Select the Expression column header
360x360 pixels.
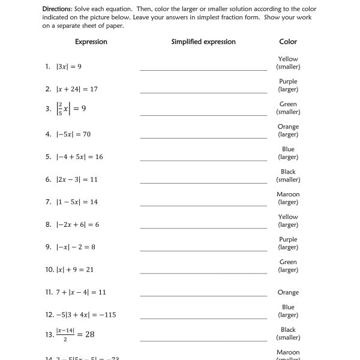coord(91,42)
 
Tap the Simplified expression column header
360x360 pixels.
coord(203,42)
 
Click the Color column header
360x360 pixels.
coord(288,42)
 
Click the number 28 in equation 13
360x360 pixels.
coord(88,335)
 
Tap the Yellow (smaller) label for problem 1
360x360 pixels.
coord(288,63)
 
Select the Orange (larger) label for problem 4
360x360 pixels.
coord(288,131)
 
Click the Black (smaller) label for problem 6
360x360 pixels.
coord(288,176)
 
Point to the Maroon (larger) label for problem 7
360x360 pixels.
coord(288,198)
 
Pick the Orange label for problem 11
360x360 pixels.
coord(288,293)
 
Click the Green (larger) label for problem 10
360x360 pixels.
coord(288,266)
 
